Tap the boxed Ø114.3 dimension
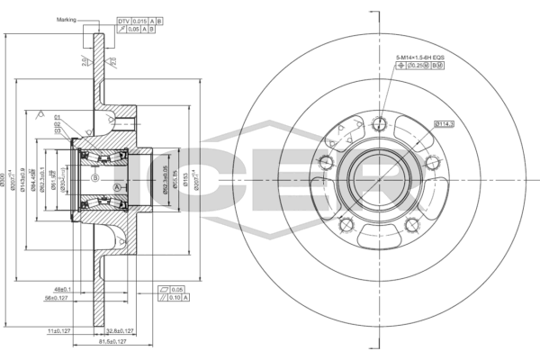445,123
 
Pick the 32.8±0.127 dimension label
136,331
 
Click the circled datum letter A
118,186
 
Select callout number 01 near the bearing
58,117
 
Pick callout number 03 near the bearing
58,131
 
